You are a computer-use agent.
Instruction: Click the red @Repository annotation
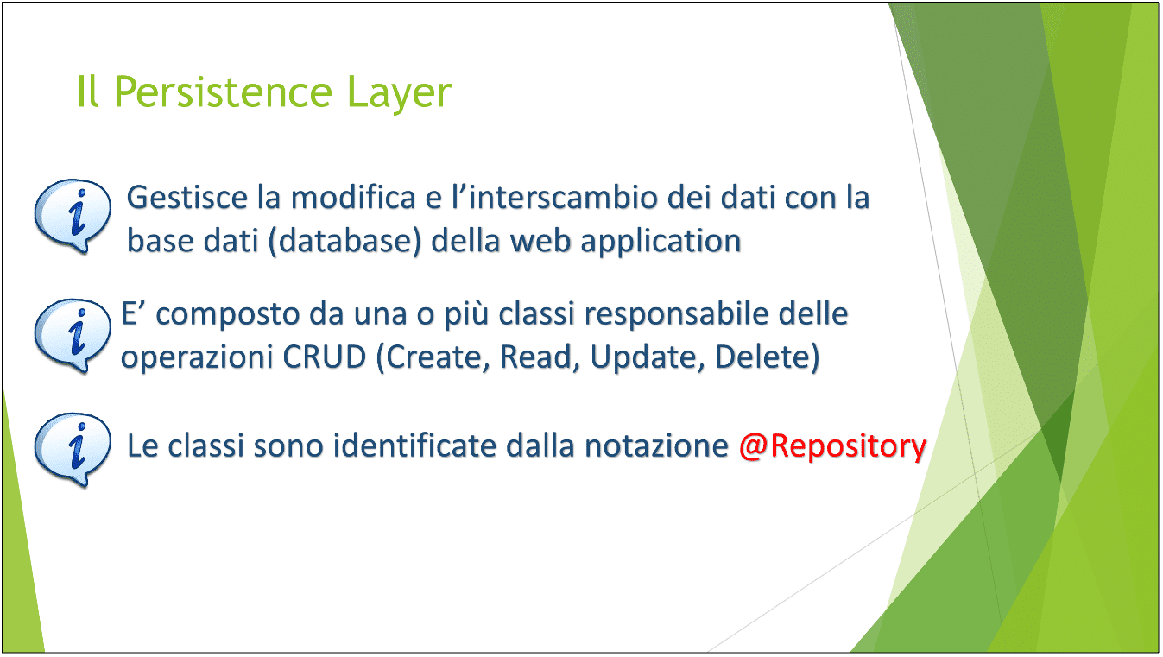pos(832,446)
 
